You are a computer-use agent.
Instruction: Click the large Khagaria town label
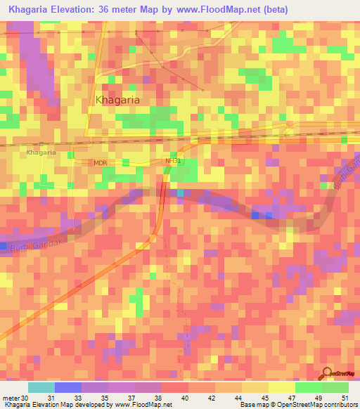pos(117,100)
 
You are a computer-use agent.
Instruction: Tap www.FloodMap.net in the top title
pos(231,9)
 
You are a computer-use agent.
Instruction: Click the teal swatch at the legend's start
pos(41,387)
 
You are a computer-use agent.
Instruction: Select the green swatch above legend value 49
pos(308,387)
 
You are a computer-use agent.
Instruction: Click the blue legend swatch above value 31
pos(67,387)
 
